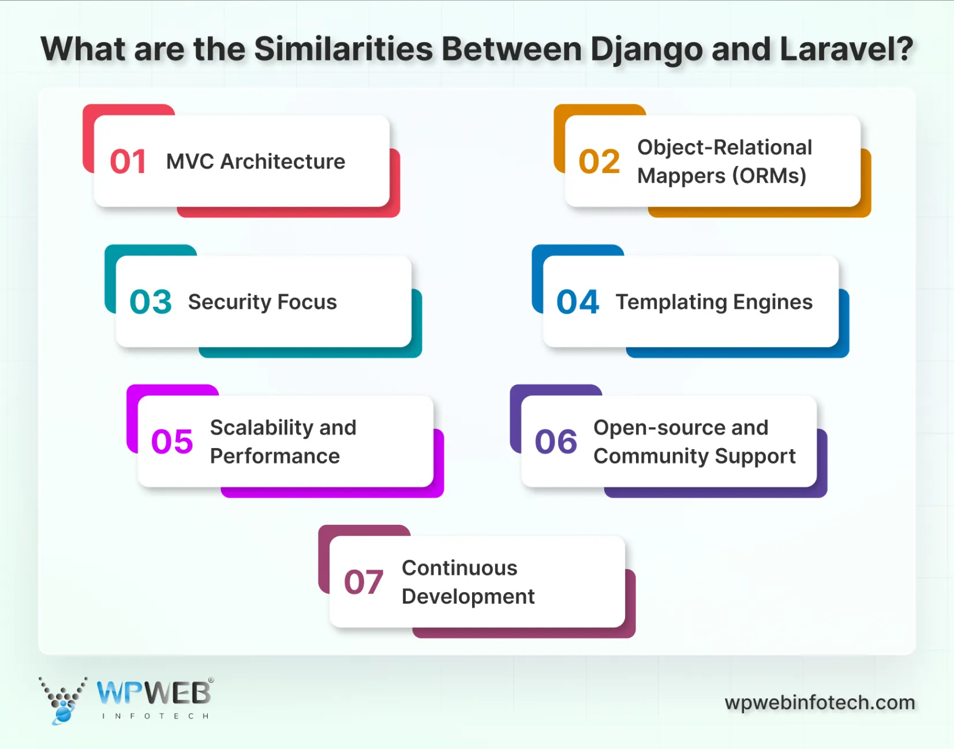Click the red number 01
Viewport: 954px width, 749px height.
pyautogui.click(x=128, y=161)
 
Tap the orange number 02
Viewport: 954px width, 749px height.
pyautogui.click(x=599, y=161)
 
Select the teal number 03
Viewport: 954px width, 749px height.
pyautogui.click(x=151, y=302)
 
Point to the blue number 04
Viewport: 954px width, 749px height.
pyautogui.click(x=578, y=302)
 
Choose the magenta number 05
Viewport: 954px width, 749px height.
pyautogui.click(x=172, y=442)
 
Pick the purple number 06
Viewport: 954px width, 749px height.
pyautogui.click(x=556, y=442)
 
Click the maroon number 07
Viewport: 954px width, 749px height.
pyautogui.click(x=364, y=582)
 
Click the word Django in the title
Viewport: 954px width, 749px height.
pyautogui.click(x=646, y=50)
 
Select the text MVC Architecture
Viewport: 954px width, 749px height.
pyautogui.click(x=256, y=161)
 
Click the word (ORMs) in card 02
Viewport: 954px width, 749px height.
pyautogui.click(x=769, y=176)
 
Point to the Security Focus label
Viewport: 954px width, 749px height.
pyautogui.click(x=263, y=302)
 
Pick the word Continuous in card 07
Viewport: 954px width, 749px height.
pyautogui.click(x=459, y=568)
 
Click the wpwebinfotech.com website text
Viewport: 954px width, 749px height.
pyautogui.click(x=820, y=702)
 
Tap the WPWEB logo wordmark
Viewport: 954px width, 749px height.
pyautogui.click(x=154, y=692)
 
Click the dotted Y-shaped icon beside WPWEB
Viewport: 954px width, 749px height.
pyautogui.click(x=62, y=699)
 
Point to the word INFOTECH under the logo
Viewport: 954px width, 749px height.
pyautogui.click(x=155, y=716)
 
